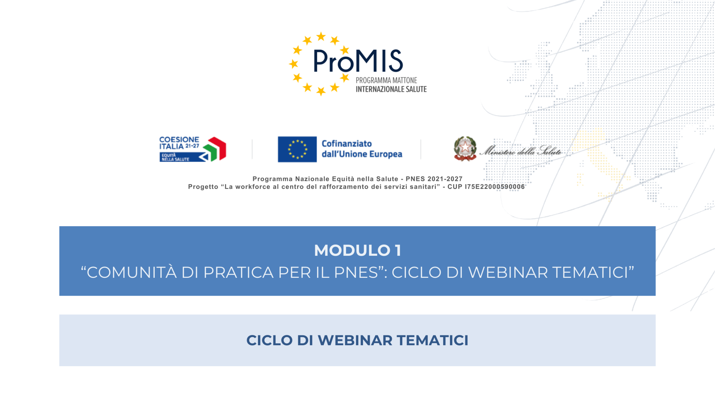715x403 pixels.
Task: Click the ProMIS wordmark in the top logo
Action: (x=358, y=61)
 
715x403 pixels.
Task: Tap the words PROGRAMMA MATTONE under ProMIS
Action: (x=386, y=80)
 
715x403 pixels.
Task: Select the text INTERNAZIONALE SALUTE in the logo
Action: (x=391, y=89)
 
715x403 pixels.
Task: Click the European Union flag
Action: (x=297, y=149)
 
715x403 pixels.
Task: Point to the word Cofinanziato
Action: (x=347, y=144)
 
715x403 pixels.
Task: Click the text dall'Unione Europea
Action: (x=362, y=154)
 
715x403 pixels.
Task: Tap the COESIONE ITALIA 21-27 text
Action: (x=179, y=143)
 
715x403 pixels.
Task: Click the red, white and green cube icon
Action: (x=214, y=149)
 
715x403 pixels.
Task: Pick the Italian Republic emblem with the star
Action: (x=465, y=149)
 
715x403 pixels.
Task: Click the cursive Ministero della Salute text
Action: (x=520, y=151)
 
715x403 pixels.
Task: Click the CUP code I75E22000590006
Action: (x=495, y=187)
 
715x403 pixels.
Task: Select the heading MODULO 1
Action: (x=357, y=250)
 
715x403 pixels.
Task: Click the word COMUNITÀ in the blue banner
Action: (x=132, y=272)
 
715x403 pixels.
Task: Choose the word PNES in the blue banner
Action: (x=356, y=272)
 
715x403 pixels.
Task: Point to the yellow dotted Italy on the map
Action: (x=600, y=162)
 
